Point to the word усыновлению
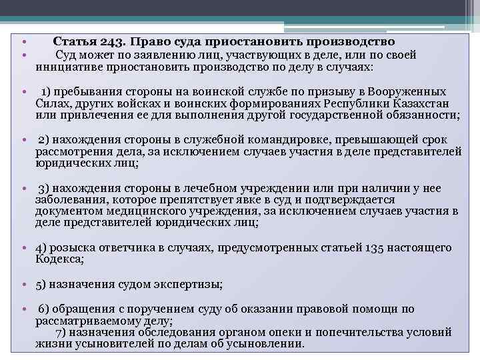click(265, 344)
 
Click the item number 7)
click(61, 332)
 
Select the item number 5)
click(41, 285)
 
